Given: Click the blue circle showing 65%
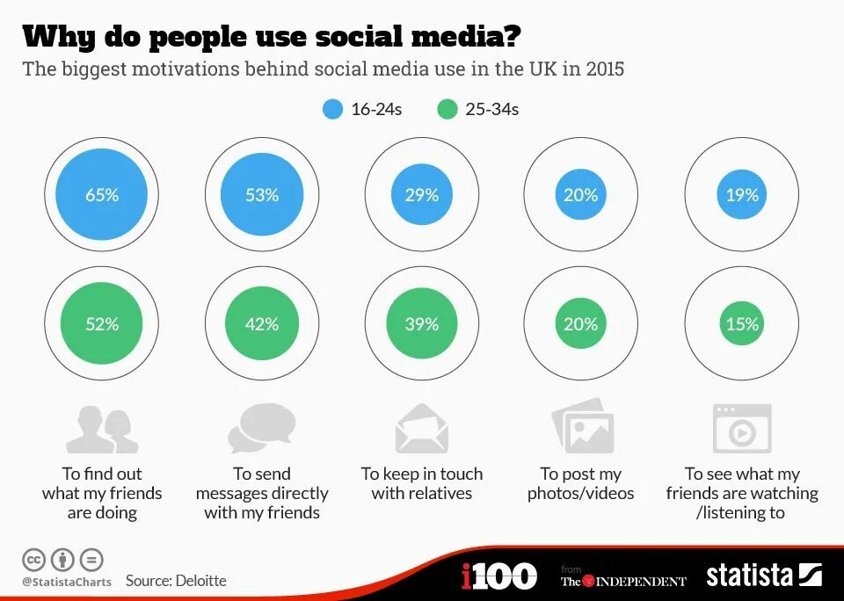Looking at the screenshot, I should tap(101, 195).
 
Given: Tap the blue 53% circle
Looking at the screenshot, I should tap(262, 195).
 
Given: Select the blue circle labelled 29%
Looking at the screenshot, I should tap(422, 195).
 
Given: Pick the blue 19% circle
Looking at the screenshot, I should tap(742, 195).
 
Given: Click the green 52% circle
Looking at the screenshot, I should tap(101, 324).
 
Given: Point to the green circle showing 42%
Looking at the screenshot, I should tap(262, 324).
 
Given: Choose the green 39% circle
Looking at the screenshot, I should tap(422, 324).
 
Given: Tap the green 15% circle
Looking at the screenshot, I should tap(742, 324).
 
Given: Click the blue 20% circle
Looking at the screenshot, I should tap(581, 195).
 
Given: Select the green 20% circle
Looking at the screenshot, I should tap(581, 324).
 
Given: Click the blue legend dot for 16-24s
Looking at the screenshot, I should tap(332, 110).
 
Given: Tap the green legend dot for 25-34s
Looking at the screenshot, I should tap(447, 110).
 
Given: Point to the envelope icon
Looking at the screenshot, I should tap(422, 429).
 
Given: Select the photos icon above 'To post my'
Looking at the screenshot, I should tap(582, 426).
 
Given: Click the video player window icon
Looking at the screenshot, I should tap(742, 429).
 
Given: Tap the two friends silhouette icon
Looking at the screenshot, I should tap(102, 429).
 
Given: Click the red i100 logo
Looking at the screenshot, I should tap(498, 576).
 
